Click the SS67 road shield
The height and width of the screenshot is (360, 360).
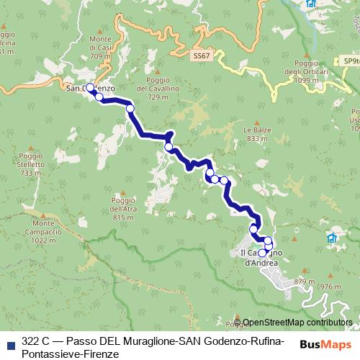pyautogui.click(x=202, y=55)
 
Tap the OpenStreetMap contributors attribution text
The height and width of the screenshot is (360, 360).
pyautogui.click(x=297, y=323)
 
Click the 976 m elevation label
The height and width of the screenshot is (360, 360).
pyautogui.click(x=330, y=286)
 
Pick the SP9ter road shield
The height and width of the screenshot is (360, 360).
pyautogui.click(x=351, y=61)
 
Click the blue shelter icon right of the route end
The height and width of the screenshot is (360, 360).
pyautogui.click(x=332, y=238)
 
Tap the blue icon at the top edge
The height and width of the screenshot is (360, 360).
pyautogui.click(x=310, y=4)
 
